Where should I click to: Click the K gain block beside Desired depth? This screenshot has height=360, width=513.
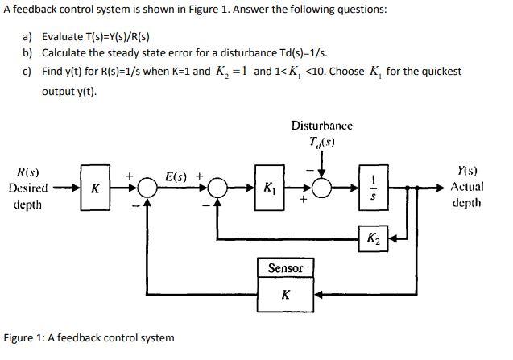(96, 188)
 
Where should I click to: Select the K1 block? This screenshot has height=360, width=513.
(267, 189)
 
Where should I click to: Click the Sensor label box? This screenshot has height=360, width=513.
(285, 268)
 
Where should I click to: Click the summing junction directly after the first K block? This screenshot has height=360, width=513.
(147, 188)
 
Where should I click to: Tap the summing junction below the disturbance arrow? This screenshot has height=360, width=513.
(322, 188)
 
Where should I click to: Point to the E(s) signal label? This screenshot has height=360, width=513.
(176, 174)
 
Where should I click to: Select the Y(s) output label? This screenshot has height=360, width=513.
(467, 170)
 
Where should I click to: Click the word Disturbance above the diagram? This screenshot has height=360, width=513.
(321, 126)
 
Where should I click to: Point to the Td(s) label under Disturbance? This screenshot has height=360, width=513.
(321, 143)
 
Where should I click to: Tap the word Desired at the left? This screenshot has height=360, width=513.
(29, 188)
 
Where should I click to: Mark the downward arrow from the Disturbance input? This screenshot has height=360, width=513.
(322, 164)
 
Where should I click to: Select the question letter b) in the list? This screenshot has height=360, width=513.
(27, 52)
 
